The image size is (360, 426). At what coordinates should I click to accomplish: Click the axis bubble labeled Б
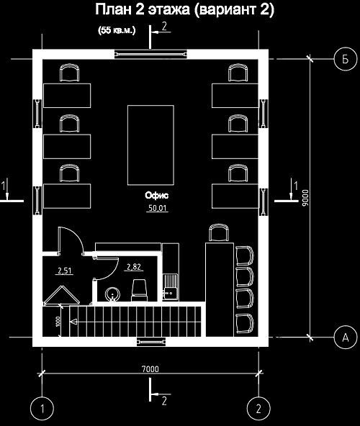point(345,59)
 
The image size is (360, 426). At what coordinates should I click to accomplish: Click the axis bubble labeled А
point(345,337)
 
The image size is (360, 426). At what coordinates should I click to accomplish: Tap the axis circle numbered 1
point(42,408)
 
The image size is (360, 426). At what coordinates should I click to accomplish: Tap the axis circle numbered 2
point(258,408)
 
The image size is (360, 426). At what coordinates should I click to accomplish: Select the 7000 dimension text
point(150,369)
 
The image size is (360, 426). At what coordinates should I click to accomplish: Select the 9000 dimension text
point(305,198)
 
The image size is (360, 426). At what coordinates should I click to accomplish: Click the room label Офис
point(157,195)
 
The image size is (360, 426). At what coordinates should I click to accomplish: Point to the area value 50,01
point(157,208)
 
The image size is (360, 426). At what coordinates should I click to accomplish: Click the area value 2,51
point(65,271)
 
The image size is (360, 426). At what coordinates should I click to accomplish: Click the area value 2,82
point(134,267)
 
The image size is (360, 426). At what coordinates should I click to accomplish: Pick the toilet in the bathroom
point(140,290)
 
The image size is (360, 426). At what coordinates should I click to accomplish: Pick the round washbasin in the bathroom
point(112,294)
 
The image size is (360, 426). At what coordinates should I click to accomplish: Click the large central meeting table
point(150,145)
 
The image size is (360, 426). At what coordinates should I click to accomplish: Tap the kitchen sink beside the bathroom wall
point(171,287)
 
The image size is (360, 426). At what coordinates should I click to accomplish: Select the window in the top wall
point(150,55)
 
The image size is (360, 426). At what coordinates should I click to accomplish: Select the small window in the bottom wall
point(151,342)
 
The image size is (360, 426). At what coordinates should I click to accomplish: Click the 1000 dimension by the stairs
point(58,322)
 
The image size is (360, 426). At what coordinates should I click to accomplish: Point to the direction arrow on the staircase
point(73,322)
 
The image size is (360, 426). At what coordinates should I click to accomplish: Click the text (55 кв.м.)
point(117,30)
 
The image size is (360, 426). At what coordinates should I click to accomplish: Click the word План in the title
point(112,10)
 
